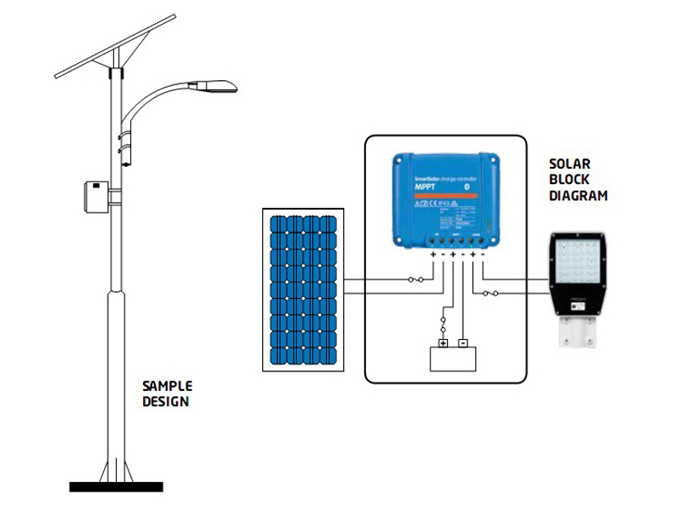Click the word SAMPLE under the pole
[167, 386]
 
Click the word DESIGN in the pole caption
[166, 401]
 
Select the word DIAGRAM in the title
[578, 195]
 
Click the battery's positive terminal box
[443, 344]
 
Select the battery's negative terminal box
[462, 344]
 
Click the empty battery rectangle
[452, 360]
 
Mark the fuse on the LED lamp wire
[490, 295]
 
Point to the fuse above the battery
[443, 324]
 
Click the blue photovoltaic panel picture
[303, 290]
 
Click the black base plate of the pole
[116, 487]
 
